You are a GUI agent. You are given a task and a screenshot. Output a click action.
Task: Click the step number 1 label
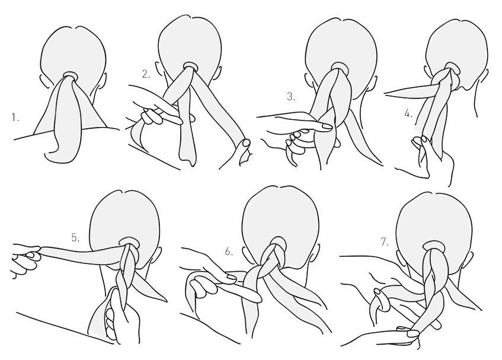click(x=15, y=118)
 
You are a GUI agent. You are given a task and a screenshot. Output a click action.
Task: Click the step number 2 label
click(x=146, y=75)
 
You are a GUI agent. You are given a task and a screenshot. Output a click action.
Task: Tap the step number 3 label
click(x=290, y=97)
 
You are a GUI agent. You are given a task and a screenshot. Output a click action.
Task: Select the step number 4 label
click(x=408, y=113)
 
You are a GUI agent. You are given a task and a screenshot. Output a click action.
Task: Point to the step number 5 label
click(x=75, y=238)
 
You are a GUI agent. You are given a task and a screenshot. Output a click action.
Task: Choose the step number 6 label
click(x=229, y=251)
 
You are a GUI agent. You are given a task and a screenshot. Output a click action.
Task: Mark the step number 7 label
click(x=385, y=242)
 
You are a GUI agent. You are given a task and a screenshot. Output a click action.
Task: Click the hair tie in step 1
click(x=70, y=75)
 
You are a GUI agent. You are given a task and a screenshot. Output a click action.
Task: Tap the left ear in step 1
click(x=43, y=81)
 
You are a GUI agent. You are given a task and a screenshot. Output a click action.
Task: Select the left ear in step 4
click(x=428, y=71)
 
